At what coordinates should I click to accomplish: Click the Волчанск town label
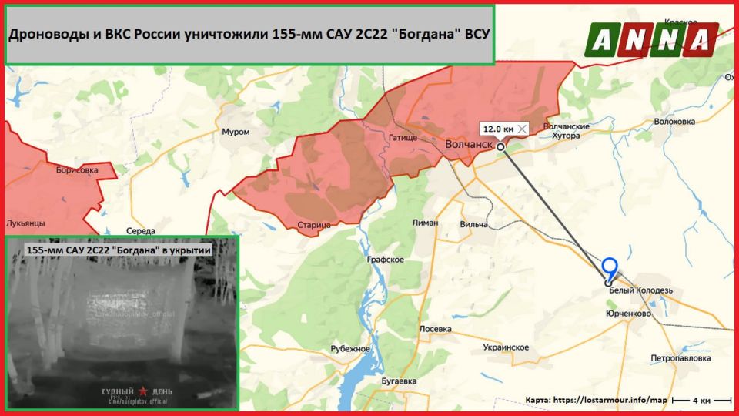pyautogui.click(x=469, y=144)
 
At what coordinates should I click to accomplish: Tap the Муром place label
pyautogui.click(x=236, y=132)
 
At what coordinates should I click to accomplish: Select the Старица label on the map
pyautogui.click(x=313, y=224)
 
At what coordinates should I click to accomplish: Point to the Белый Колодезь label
pyautogui.click(x=640, y=290)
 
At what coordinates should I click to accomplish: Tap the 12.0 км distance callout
pyautogui.click(x=497, y=129)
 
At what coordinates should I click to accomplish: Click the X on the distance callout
pyautogui.click(x=522, y=129)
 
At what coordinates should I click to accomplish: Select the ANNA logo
pyautogui.click(x=653, y=39)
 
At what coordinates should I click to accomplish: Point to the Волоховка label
pyautogui.click(x=674, y=122)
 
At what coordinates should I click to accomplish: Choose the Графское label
pyautogui.click(x=386, y=260)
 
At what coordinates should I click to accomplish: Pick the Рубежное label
pyautogui.click(x=351, y=348)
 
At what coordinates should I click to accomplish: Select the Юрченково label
pyautogui.click(x=629, y=314)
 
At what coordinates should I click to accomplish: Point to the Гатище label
pyautogui.click(x=403, y=137)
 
